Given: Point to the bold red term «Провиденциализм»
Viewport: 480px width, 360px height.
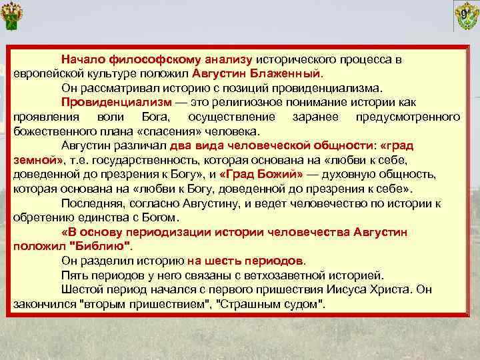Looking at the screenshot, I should (x=115, y=101).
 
